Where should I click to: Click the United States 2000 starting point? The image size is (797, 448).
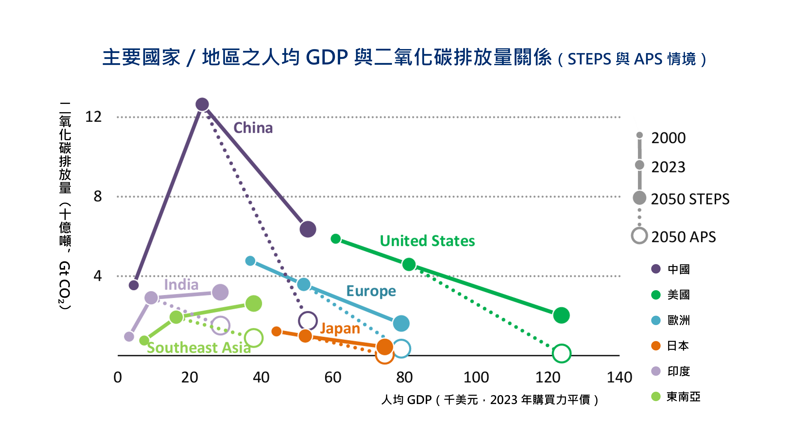[x=336, y=239]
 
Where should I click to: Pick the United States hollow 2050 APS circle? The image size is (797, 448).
[x=561, y=353]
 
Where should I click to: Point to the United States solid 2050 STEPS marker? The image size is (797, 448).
[x=561, y=315]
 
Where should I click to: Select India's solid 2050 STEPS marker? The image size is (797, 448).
[x=220, y=292]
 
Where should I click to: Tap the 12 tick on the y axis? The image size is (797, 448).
[x=93, y=117]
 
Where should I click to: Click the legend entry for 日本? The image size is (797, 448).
[x=678, y=346]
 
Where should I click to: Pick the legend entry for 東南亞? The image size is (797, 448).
[x=683, y=397]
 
